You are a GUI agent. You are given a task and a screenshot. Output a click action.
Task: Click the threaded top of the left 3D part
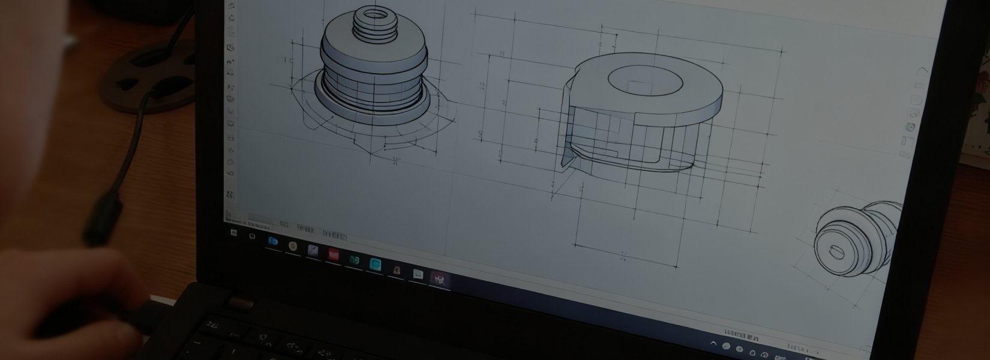click(x=370, y=21)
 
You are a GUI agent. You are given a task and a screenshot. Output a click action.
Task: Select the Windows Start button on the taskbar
click(x=233, y=230)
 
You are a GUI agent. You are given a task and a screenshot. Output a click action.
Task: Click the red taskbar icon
click(x=332, y=254)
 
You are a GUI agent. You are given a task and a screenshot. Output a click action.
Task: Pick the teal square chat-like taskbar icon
click(x=376, y=263)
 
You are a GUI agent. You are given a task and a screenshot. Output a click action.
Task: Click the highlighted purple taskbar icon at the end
click(x=437, y=278)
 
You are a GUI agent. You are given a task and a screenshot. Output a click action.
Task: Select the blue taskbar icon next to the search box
click(x=273, y=241)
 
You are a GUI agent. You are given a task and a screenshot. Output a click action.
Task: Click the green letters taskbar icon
click(x=353, y=259)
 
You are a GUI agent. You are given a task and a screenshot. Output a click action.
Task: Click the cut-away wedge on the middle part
click(x=567, y=129)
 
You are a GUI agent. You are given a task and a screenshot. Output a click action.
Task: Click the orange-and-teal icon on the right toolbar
click(x=910, y=127)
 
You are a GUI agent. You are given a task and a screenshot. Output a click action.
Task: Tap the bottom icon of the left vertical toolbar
click(x=229, y=194)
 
